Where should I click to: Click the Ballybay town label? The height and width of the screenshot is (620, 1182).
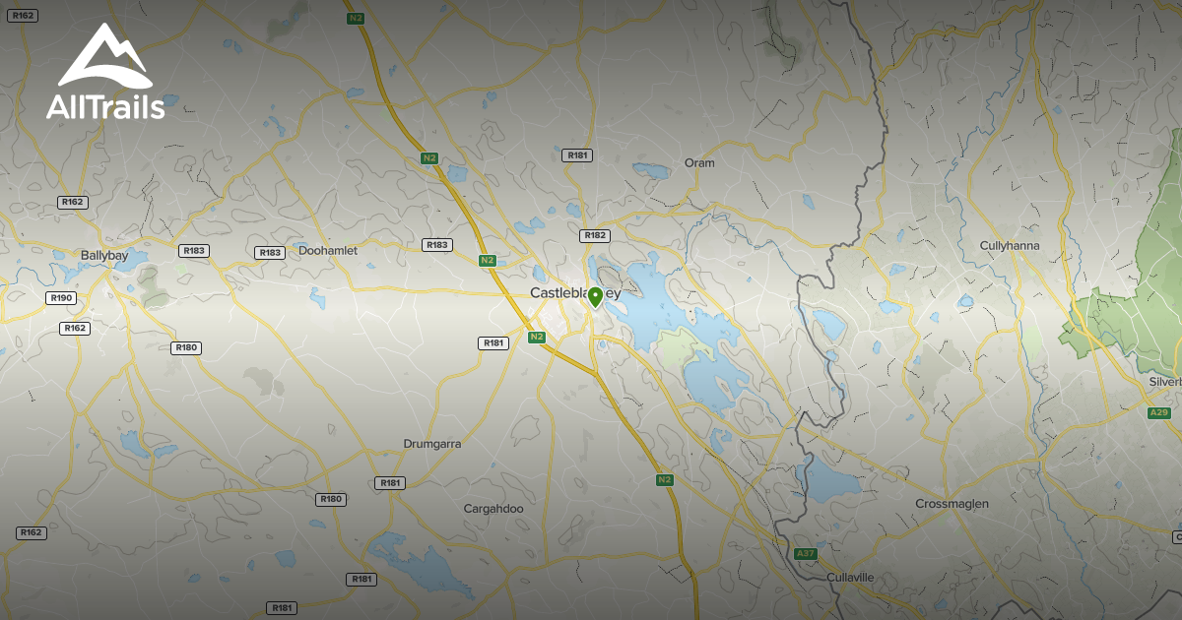104,254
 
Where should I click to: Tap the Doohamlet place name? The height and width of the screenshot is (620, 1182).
328,251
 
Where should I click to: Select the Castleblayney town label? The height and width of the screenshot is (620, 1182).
575,293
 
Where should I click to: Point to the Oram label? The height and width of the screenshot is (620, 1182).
699,162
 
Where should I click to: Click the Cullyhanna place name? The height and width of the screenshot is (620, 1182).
1010,245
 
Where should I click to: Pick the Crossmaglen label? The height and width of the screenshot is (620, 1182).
952,504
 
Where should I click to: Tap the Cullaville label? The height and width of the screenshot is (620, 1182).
850,577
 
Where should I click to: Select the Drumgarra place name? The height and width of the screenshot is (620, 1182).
432,444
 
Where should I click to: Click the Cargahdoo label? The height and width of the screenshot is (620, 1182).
493,509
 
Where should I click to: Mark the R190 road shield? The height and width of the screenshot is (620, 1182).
60,297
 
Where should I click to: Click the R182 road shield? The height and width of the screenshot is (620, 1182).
595,235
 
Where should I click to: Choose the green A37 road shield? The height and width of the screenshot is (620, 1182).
806,554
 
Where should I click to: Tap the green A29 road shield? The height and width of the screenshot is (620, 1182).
1159,412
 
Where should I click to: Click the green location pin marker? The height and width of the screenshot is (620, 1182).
595,297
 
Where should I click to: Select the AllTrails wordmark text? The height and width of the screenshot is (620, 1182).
105,107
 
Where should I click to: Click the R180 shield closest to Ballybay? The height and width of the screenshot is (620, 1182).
185,347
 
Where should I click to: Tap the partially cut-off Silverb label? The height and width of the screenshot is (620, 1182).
1164,382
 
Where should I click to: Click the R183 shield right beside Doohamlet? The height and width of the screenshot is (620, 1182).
269,253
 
